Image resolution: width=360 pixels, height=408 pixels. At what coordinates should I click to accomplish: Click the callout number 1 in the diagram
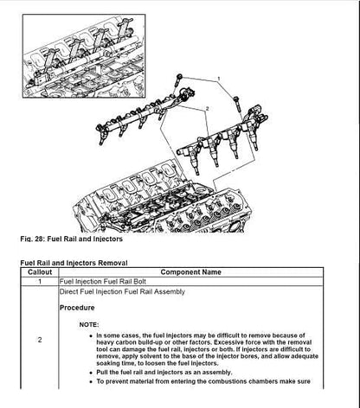(x=219, y=79)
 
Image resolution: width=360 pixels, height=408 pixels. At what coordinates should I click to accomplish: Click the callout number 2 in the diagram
(x=207, y=109)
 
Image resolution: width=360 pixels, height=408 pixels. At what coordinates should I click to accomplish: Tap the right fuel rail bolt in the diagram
(x=236, y=104)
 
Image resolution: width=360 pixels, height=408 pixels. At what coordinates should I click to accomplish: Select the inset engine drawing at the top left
(x=84, y=56)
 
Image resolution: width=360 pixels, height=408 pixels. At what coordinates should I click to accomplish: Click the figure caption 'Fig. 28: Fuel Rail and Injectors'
(x=72, y=239)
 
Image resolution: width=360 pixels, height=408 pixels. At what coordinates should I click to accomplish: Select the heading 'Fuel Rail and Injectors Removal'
(x=74, y=263)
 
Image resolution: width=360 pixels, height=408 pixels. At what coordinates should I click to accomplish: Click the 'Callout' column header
(x=40, y=272)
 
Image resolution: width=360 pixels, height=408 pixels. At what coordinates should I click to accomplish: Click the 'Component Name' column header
(x=191, y=272)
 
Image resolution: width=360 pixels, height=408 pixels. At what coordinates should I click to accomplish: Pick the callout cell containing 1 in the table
(x=40, y=282)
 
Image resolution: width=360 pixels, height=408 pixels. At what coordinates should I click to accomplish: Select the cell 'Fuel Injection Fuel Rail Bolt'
(x=103, y=282)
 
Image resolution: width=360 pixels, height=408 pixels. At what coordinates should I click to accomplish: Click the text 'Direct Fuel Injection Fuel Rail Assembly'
(x=122, y=291)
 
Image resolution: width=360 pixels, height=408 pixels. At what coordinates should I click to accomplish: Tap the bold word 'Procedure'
(x=77, y=308)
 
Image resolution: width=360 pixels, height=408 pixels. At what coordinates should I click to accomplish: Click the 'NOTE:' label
(x=89, y=325)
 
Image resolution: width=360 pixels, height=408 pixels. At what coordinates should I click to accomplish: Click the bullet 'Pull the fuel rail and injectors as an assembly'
(x=164, y=373)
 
